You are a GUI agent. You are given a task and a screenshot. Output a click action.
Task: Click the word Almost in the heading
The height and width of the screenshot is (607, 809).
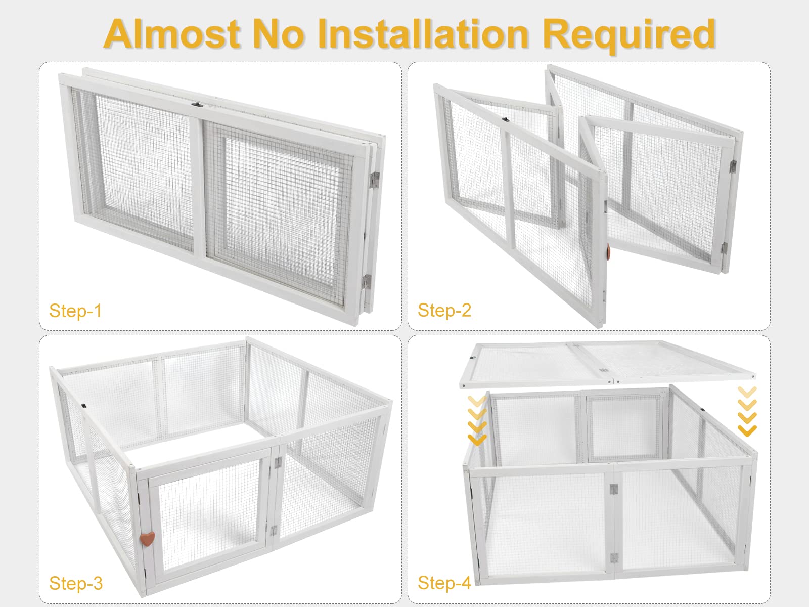click(x=172, y=34)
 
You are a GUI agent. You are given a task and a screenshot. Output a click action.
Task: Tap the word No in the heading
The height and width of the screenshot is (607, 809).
click(x=279, y=34)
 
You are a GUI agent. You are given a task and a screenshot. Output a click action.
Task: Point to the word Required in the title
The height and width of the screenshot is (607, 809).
click(x=629, y=36)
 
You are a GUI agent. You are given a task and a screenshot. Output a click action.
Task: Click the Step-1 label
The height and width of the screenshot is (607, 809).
click(x=75, y=310)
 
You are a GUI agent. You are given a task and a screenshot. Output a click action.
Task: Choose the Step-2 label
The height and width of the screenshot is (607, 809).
click(x=444, y=310)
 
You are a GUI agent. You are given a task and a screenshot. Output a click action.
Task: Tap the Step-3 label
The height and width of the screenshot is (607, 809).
click(x=75, y=583)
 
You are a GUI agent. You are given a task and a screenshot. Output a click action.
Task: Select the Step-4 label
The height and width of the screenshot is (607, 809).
click(x=444, y=583)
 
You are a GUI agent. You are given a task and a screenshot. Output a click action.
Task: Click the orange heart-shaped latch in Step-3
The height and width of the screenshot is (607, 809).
click(x=148, y=538)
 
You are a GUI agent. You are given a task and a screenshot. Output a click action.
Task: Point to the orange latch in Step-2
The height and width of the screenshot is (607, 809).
click(x=608, y=253)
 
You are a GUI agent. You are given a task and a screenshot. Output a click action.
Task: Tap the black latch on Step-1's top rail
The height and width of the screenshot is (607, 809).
click(x=197, y=105)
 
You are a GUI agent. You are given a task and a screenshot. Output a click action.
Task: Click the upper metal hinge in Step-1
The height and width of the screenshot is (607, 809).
click(x=375, y=180)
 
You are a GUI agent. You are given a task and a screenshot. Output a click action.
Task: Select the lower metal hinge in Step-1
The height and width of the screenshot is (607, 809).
click(x=367, y=282)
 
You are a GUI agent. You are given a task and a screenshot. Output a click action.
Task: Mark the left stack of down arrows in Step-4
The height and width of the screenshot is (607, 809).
click(x=477, y=420)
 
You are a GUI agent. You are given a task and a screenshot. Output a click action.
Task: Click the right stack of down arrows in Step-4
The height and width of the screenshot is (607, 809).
click(x=747, y=411)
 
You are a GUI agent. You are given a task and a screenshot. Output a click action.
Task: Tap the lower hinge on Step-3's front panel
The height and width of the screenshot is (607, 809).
click(x=274, y=530)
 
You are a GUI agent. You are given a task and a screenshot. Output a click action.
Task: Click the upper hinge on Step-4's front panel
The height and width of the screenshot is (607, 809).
click(x=613, y=489)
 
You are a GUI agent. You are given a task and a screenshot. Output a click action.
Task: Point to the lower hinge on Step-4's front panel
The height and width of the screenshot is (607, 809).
click(x=614, y=558)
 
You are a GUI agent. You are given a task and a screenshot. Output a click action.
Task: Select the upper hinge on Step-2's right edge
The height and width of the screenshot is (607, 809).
click(x=733, y=166)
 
